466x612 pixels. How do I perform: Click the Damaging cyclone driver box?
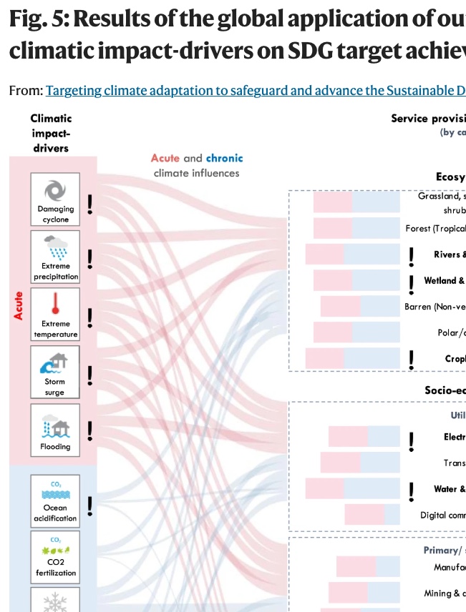tap(55, 199)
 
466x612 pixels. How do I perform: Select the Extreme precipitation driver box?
tap(55, 257)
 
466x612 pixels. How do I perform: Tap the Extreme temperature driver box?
tap(55, 315)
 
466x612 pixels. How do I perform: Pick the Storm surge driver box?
tap(55, 372)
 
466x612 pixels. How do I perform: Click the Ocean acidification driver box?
tap(55, 498)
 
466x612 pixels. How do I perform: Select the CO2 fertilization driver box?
tap(55, 556)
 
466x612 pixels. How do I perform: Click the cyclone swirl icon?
tap(55, 189)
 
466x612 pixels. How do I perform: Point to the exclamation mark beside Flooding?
tap(90, 430)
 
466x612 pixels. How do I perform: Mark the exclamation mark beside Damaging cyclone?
tap(90, 205)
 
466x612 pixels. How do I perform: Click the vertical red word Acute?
tap(19, 305)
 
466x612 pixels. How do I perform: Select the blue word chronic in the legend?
tap(224, 158)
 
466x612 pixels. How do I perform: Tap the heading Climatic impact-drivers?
tap(51, 133)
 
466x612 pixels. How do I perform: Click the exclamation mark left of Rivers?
tap(411, 256)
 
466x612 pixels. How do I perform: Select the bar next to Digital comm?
tap(372, 515)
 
